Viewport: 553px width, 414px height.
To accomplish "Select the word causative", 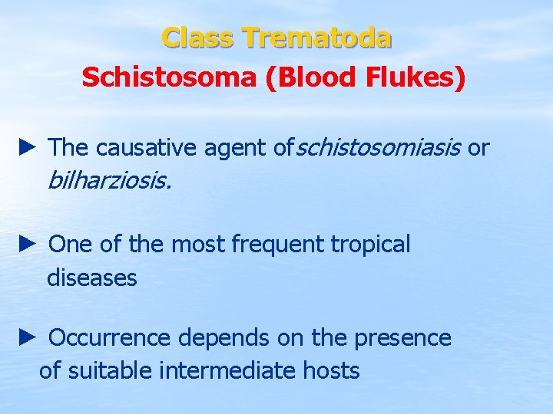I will pyautogui.click(x=147, y=147).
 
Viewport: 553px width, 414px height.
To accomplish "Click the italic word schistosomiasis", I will pyautogui.click(x=378, y=147).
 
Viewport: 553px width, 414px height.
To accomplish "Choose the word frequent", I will pyautogui.click(x=277, y=245).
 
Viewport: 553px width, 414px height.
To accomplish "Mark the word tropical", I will pyautogui.click(x=371, y=245).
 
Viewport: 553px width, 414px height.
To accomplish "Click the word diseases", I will pyautogui.click(x=92, y=278).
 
